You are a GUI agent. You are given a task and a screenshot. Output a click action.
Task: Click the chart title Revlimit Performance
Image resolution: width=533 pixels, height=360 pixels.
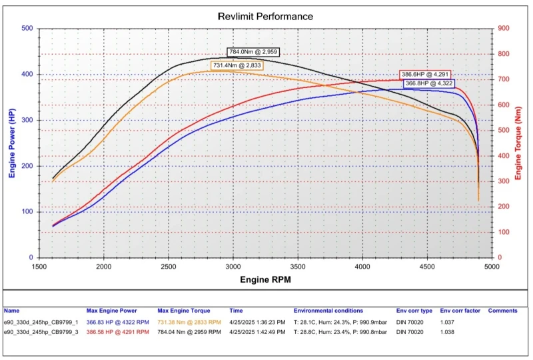[265, 15]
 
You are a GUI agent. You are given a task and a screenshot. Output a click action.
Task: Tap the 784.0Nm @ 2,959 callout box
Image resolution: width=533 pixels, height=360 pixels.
[253, 51]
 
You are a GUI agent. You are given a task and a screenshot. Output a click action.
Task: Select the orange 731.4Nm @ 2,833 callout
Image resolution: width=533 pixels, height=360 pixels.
[237, 65]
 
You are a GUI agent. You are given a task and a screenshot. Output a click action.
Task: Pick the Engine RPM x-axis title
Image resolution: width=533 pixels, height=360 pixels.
[265, 280]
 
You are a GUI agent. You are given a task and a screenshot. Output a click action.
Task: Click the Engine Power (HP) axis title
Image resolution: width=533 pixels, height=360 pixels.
[12, 143]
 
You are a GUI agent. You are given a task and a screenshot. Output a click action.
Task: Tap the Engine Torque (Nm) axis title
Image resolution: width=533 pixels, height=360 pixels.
[518, 143]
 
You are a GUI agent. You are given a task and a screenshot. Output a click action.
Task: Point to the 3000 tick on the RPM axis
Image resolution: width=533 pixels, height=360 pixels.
[233, 267]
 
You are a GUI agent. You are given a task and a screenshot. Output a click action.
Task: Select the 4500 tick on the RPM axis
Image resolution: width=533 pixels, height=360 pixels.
[427, 267]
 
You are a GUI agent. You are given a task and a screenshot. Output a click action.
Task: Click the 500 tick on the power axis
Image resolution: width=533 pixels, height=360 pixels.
[27, 29]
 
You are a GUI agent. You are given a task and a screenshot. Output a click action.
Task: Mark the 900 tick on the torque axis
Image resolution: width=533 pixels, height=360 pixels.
[504, 29]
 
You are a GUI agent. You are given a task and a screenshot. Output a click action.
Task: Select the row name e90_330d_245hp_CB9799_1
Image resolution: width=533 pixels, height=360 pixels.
[41, 321]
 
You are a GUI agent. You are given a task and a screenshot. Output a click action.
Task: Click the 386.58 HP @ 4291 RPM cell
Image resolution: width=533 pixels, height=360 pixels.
[117, 331]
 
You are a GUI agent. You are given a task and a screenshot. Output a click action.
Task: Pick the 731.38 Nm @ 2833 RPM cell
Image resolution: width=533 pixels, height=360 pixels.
[189, 321]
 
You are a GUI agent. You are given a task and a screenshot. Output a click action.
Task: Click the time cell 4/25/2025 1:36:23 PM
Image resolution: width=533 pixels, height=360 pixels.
[257, 321]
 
